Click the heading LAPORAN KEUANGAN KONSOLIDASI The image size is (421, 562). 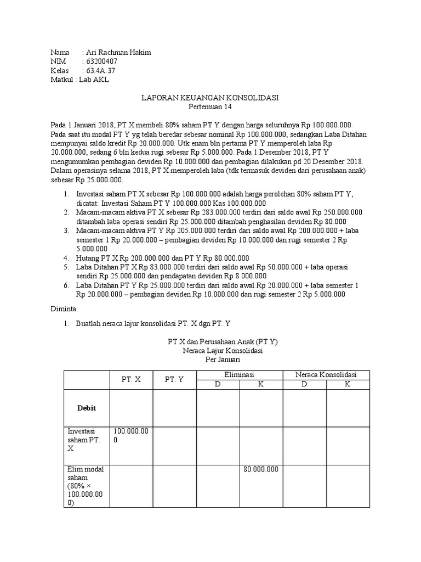point(210,98)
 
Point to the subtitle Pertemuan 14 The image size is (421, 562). point(210,106)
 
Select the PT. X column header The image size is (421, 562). point(131,379)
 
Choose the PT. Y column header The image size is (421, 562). point(174,379)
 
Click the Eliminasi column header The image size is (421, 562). point(240,374)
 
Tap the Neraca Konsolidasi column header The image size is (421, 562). point(326,374)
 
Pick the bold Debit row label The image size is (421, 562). point(87,408)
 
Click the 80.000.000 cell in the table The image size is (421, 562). point(261,469)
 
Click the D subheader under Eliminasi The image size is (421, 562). point(218,384)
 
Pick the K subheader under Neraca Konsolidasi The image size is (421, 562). point(348,384)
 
